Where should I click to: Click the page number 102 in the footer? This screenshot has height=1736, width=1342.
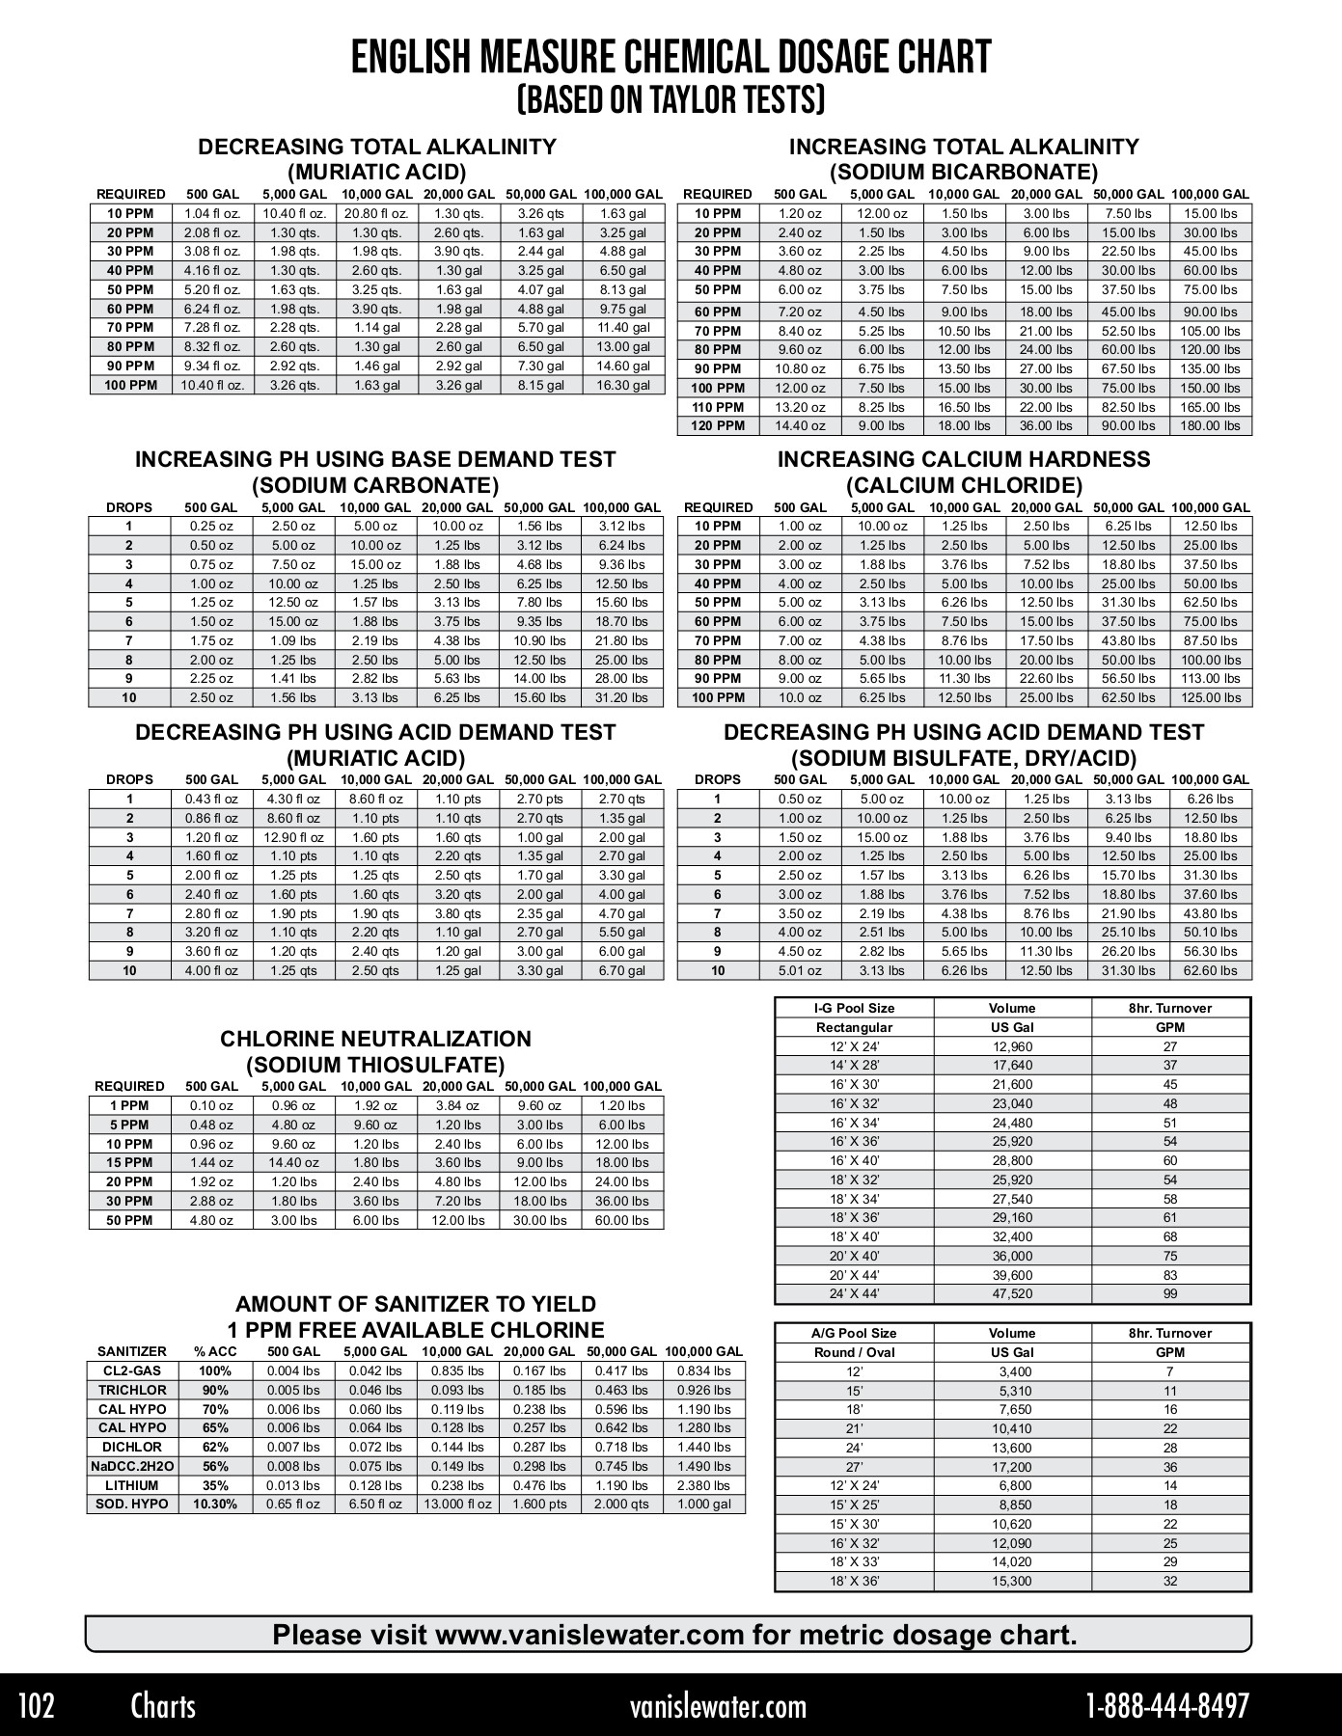pos(36,1705)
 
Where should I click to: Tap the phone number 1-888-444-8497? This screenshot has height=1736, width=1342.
pos(1167,1705)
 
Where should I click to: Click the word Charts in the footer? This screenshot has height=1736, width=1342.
pos(163,1705)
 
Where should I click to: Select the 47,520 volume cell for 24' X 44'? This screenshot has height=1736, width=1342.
pos(1012,1294)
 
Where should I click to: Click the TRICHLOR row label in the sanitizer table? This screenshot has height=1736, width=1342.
pos(132,1390)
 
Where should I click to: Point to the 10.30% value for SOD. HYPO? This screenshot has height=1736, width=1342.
pos(215,1504)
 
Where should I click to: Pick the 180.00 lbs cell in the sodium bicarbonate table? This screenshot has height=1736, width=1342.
pos(1210,425)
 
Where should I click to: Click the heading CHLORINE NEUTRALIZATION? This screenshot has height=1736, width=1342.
pos(375,1039)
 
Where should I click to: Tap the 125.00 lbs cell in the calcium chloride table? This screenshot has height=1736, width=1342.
pos(1210,697)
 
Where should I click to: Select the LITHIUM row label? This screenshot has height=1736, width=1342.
pos(132,1485)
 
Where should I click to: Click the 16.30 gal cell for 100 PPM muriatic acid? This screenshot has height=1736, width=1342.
pos(622,385)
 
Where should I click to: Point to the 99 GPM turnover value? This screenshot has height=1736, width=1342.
pos(1169,1294)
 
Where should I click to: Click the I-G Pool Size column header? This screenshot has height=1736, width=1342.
pos(854,1008)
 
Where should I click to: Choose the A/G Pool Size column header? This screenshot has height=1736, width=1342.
pos(854,1333)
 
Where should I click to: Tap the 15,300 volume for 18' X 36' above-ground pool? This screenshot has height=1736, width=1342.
pos(1012,1581)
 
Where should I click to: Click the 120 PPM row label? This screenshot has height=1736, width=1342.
pos(718,425)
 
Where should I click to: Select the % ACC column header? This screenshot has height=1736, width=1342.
pos(213,1351)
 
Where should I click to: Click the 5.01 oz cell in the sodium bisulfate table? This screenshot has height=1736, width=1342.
pos(800,970)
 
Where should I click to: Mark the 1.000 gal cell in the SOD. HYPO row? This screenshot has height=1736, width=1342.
pos(704,1504)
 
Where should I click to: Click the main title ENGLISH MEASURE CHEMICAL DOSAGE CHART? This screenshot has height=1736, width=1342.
pos(671,58)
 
